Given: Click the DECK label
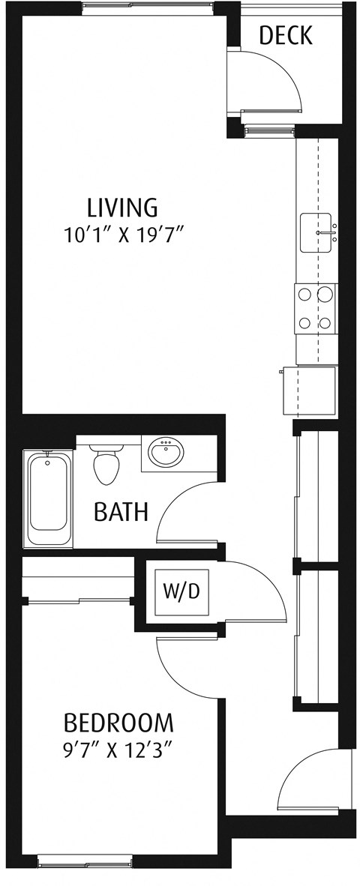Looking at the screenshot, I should click(285, 35).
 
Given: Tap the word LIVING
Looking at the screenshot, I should click(122, 206).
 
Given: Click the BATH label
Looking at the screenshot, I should click(120, 512).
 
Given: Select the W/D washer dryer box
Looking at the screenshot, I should click(181, 591).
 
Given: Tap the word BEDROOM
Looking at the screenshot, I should click(118, 723).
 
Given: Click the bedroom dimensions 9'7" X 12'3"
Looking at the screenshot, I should click(118, 750).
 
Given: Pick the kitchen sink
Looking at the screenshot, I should click(316, 232).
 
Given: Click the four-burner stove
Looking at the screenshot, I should click(315, 309).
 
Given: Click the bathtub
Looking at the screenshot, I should click(50, 498).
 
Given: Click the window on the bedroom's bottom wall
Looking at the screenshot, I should click(84, 863).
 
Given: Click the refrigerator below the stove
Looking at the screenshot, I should click(310, 390).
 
